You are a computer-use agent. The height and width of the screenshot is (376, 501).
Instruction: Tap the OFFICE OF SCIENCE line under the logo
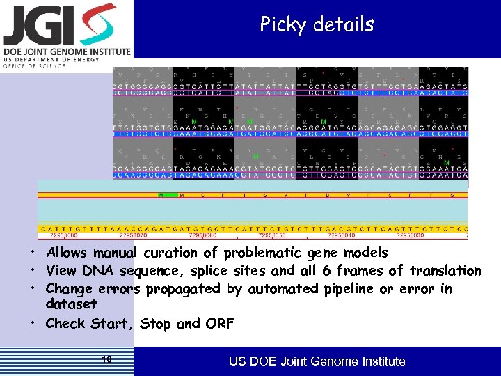[35, 66]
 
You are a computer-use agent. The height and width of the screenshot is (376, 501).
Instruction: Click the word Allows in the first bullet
[67, 253]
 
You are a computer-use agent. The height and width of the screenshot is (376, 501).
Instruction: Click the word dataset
[71, 304]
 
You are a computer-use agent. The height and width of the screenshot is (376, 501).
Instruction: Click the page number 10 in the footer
[106, 359]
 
